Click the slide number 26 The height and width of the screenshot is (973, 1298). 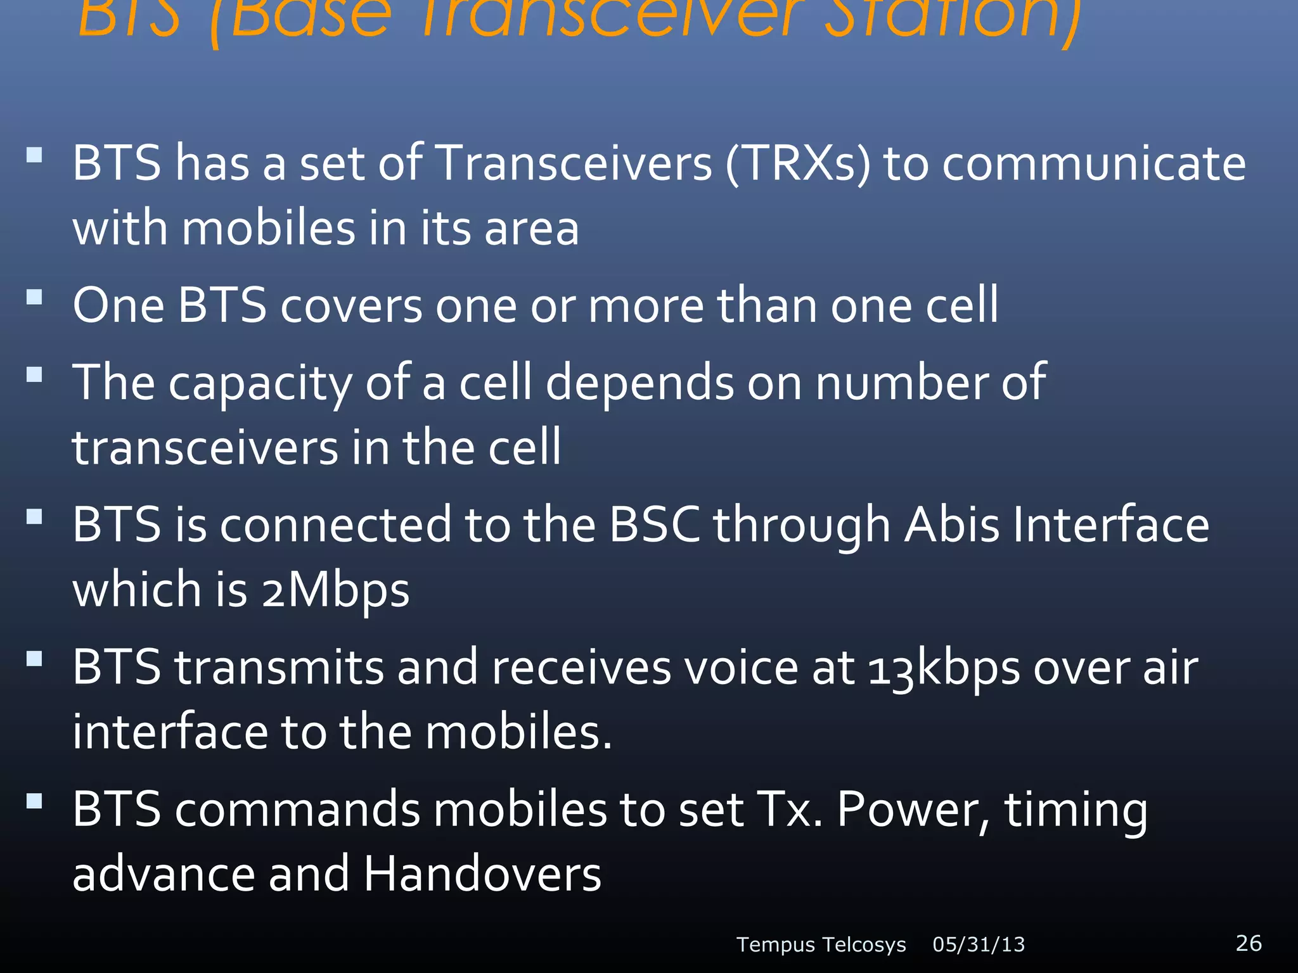click(x=1249, y=943)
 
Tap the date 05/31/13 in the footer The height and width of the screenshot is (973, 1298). click(x=979, y=944)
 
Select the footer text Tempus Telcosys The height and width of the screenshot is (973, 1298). click(x=821, y=944)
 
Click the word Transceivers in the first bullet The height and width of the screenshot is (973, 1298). click(x=575, y=163)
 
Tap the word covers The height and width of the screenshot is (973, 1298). click(x=351, y=306)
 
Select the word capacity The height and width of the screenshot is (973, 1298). click(x=259, y=385)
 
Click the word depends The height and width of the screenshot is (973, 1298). click(x=639, y=383)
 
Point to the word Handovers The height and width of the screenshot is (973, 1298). click(x=482, y=874)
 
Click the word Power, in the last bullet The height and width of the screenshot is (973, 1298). click(x=913, y=810)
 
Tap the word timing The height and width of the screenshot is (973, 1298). click(x=1076, y=811)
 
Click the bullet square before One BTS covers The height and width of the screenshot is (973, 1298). click(x=34, y=297)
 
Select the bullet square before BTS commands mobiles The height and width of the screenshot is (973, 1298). click(x=34, y=801)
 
